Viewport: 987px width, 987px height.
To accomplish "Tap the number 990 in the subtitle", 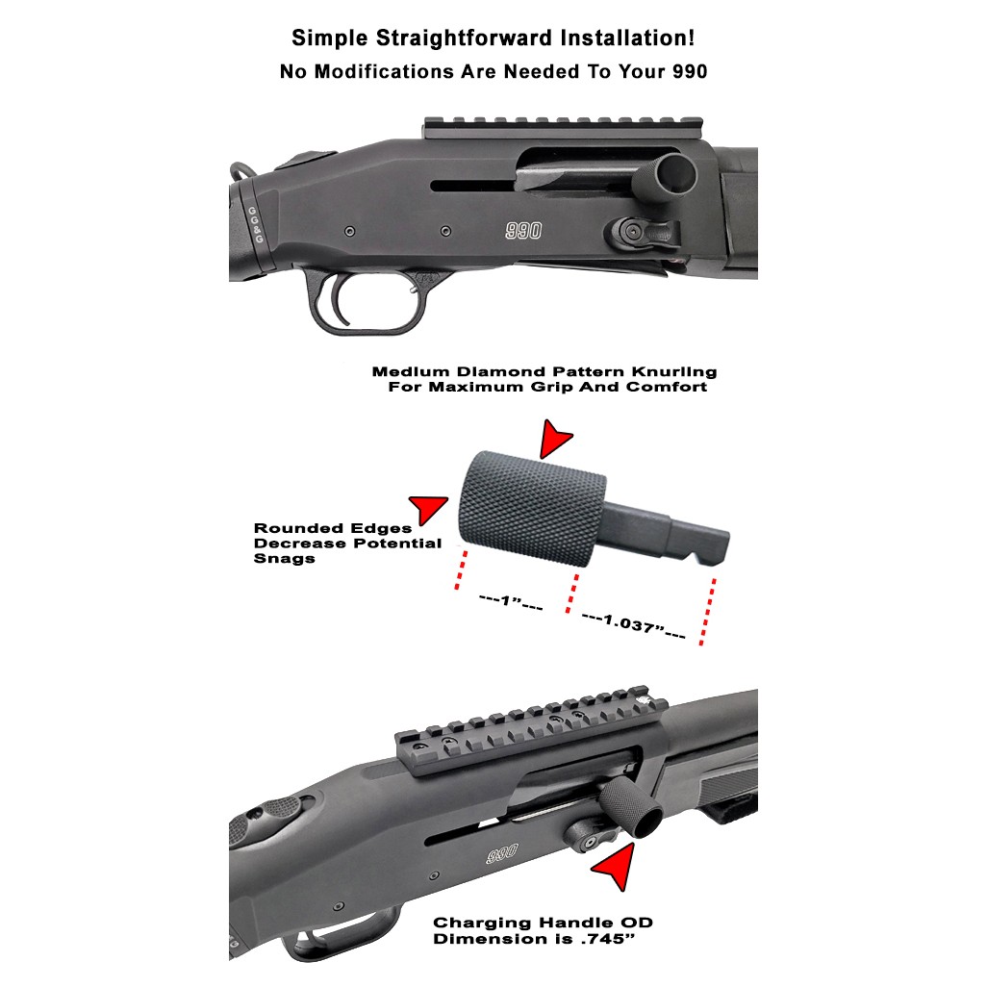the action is [x=690, y=72].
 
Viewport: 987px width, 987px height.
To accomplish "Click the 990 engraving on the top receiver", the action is [x=523, y=231].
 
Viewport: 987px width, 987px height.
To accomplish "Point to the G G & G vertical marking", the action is [x=256, y=225].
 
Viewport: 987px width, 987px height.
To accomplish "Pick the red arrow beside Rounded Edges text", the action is [x=428, y=507].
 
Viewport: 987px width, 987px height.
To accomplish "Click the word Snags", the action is [x=285, y=558].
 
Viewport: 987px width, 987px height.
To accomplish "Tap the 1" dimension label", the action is [x=511, y=601].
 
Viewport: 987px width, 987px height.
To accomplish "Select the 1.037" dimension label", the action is [x=633, y=624].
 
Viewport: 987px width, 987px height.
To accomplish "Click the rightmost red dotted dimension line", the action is [x=707, y=612].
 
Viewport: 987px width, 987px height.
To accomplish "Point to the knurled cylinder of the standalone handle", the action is [x=531, y=509].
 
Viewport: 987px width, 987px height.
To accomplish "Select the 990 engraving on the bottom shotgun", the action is [x=502, y=854].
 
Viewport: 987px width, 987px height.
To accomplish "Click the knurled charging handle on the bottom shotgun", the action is [x=630, y=807].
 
